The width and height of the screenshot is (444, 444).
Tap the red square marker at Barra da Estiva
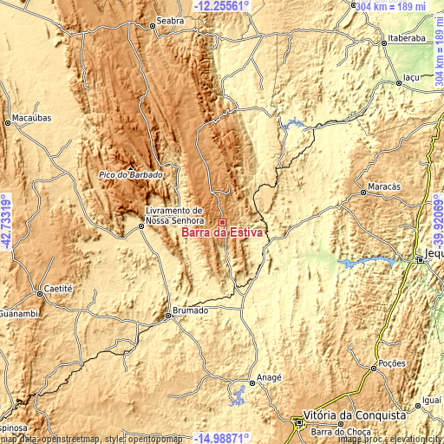click(222, 222)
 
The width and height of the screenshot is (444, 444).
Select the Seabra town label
click(170, 19)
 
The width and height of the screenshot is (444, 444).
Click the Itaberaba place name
click(406, 39)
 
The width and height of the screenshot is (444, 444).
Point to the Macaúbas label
click(32, 117)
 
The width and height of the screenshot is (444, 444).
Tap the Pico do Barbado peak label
click(130, 175)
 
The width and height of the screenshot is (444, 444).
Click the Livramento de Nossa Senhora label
click(173, 215)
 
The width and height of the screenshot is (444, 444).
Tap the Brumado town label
click(190, 310)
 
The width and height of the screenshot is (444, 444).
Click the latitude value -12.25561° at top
click(221, 5)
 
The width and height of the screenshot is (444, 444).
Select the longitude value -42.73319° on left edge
click(6, 222)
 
